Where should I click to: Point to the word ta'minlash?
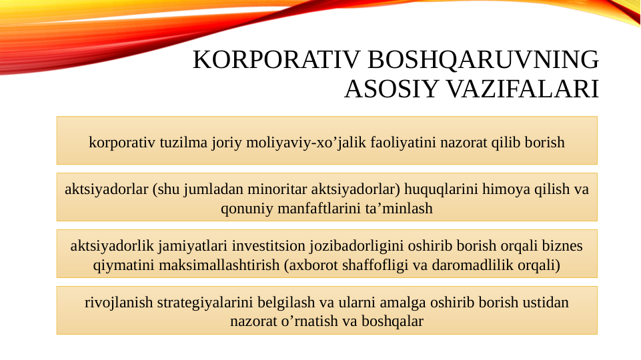(x=399, y=209)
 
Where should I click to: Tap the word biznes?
(x=563, y=246)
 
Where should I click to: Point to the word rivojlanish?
(x=119, y=303)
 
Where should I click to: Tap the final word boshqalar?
(x=392, y=322)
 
